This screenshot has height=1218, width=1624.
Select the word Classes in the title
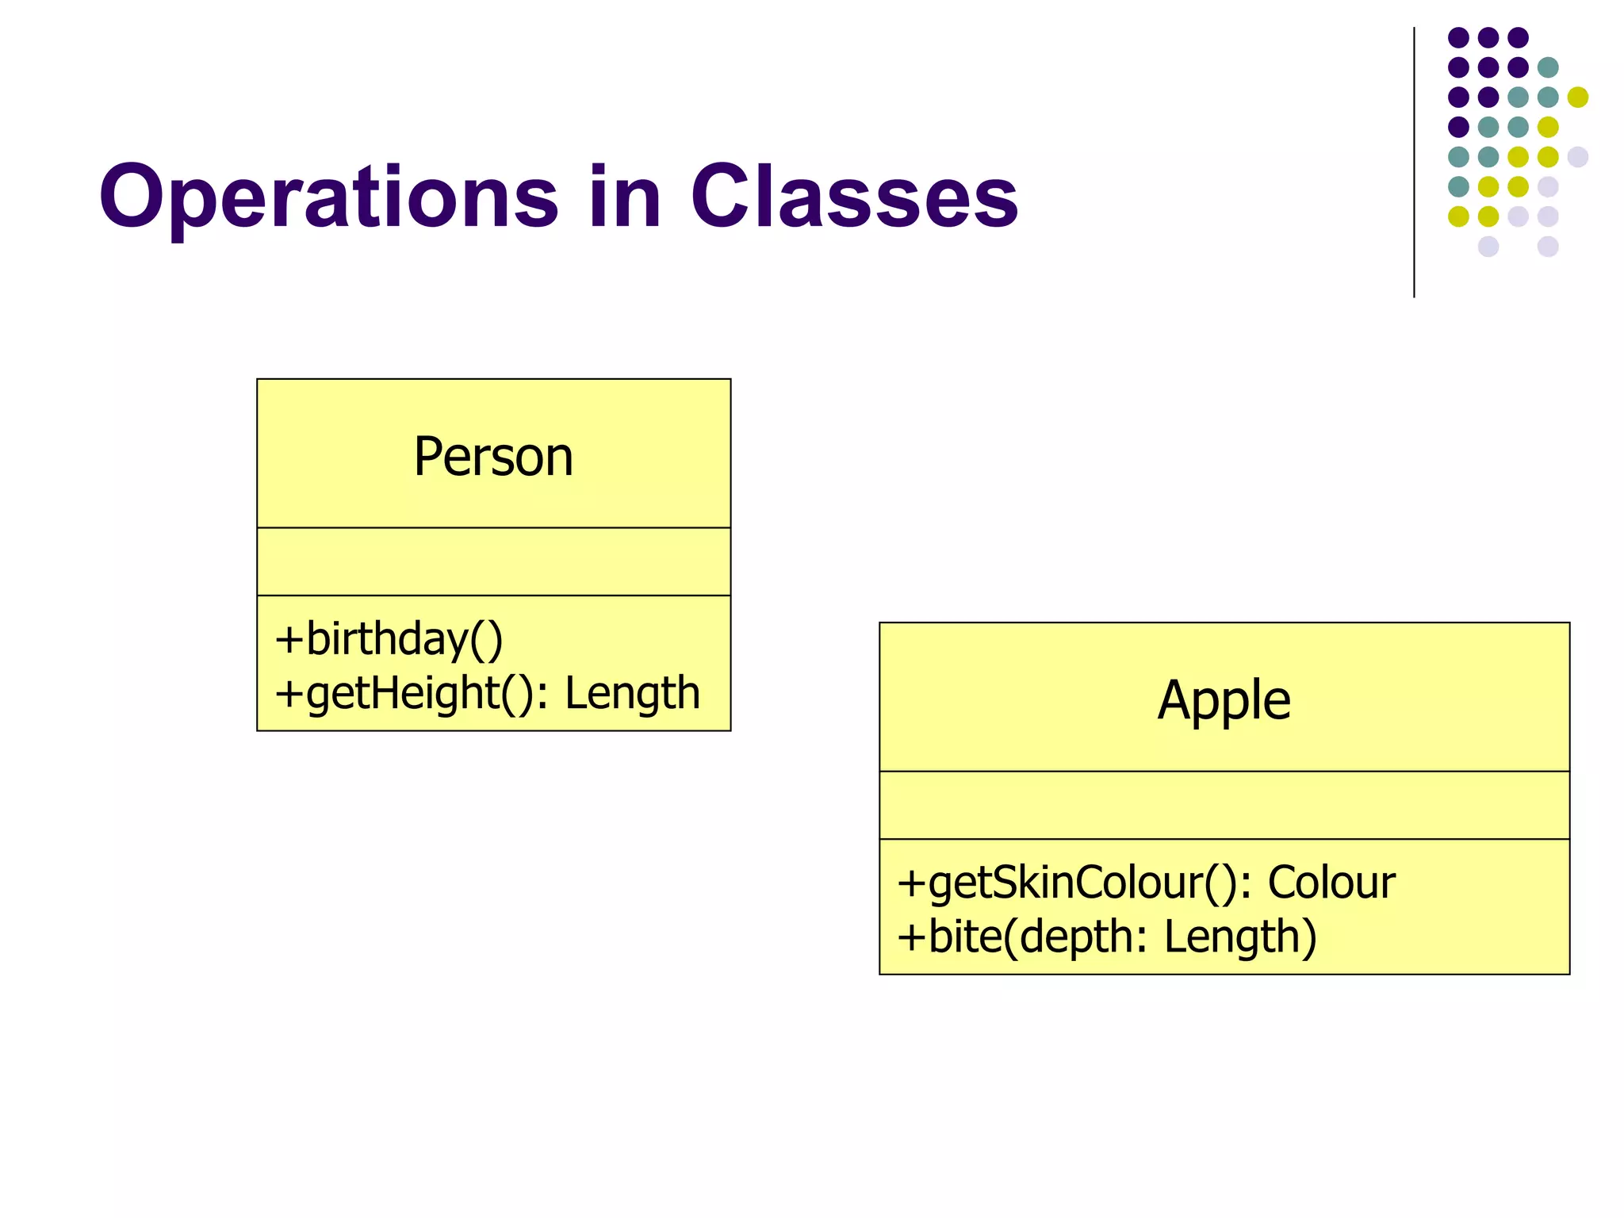pos(854,197)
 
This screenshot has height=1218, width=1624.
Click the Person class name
pos(493,457)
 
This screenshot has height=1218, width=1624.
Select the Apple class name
pos(1224,700)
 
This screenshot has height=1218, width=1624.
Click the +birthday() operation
pos(389,640)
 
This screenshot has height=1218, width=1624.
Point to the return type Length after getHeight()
pos(632,693)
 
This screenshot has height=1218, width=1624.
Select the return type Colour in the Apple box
pos(1331,883)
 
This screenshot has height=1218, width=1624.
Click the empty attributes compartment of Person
pos(493,561)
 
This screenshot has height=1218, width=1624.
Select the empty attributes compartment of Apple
pos(1224,805)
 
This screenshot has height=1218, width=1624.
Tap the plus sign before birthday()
pos(289,641)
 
